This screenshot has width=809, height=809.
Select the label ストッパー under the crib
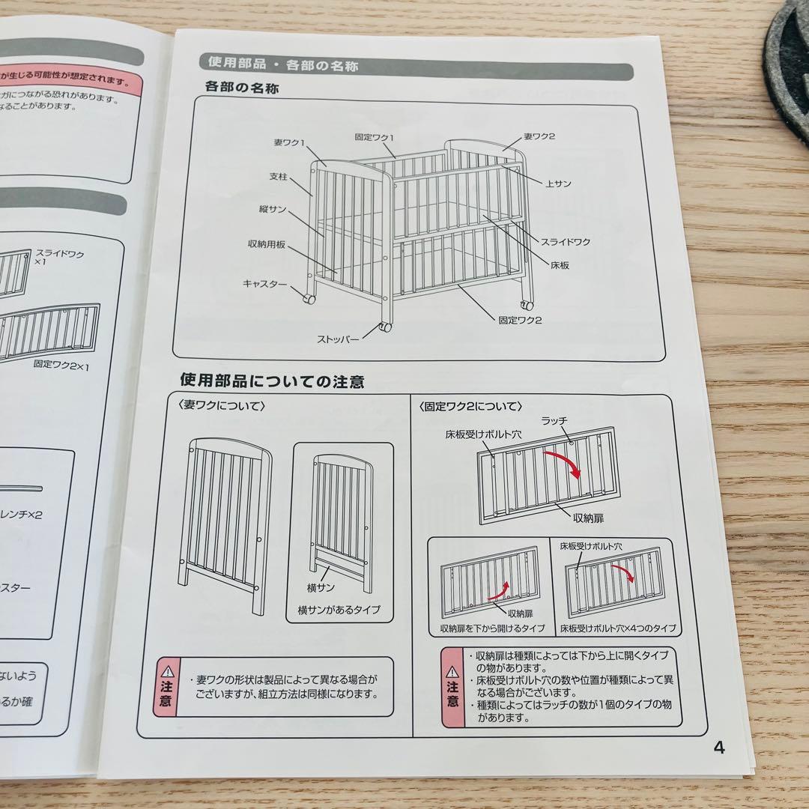pyautogui.click(x=338, y=339)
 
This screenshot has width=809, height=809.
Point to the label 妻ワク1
pyautogui.click(x=288, y=142)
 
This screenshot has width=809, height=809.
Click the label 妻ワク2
pyautogui.click(x=539, y=136)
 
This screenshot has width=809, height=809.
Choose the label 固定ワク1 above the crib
pyautogui.click(x=375, y=137)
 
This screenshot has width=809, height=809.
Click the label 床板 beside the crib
pyautogui.click(x=558, y=264)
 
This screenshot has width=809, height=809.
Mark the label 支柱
pyautogui.click(x=279, y=178)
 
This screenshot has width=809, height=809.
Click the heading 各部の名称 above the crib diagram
pyautogui.click(x=241, y=88)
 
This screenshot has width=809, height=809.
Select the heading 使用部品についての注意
pyautogui.click(x=272, y=382)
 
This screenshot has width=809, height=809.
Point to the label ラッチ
pyautogui.click(x=554, y=422)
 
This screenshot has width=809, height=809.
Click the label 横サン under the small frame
pyautogui.click(x=321, y=588)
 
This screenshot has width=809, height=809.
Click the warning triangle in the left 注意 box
pyautogui.click(x=166, y=670)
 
